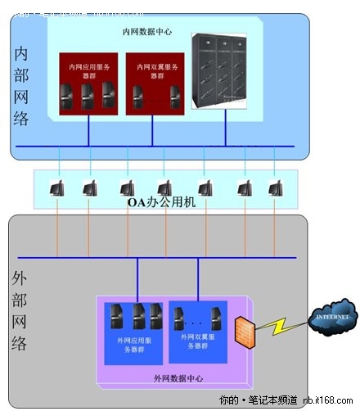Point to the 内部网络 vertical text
point(22,85)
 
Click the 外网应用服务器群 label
point(133,341)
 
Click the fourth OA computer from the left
point(164,187)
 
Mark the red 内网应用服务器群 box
point(90,86)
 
